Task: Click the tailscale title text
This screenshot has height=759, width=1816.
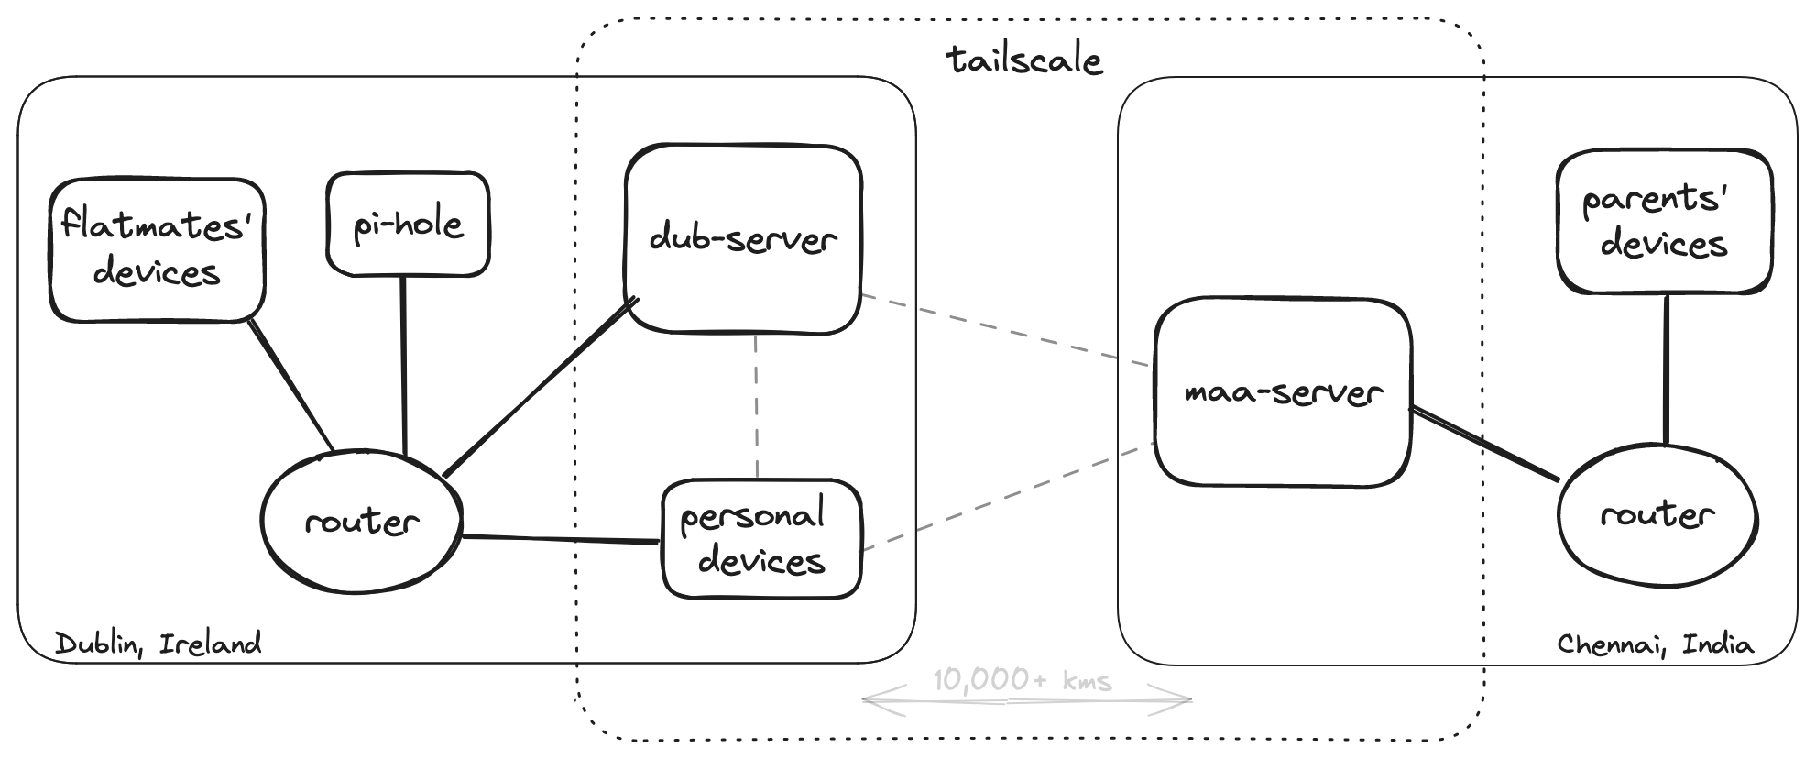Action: [x=1024, y=60]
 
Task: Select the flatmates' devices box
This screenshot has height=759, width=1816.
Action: [x=157, y=249]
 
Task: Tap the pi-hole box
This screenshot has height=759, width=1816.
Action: [x=408, y=225]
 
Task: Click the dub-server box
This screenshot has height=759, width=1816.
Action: [x=743, y=238]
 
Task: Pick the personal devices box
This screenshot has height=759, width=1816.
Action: [x=761, y=539]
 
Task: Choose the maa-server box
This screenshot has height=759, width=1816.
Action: [x=1282, y=392]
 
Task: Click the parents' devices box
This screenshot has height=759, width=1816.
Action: [x=1663, y=222]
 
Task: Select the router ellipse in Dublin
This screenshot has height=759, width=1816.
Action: [x=361, y=522]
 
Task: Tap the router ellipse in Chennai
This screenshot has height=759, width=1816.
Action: [x=1657, y=514]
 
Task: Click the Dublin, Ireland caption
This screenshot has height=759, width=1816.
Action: [x=159, y=643]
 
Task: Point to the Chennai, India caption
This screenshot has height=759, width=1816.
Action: [x=1655, y=644]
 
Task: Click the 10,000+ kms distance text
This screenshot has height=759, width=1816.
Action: [x=1023, y=681]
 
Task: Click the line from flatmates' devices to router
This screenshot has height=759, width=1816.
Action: [x=290, y=385]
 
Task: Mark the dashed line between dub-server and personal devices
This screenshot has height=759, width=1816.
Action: [x=757, y=406]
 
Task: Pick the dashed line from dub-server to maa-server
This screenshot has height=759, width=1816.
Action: [x=1005, y=330]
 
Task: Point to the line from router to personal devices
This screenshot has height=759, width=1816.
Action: [x=561, y=539]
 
